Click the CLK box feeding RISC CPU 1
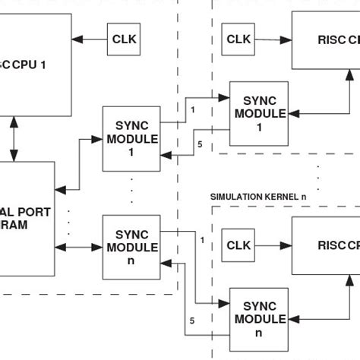(x=123, y=39)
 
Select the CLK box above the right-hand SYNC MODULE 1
(x=238, y=39)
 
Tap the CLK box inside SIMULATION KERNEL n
(x=238, y=246)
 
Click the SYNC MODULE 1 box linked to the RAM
(x=131, y=139)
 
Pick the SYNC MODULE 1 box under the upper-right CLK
(x=260, y=113)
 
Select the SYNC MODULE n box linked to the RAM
(x=131, y=247)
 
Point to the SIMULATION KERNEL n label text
(x=258, y=197)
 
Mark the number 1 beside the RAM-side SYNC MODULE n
(x=202, y=241)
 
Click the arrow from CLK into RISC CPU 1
(x=90, y=39)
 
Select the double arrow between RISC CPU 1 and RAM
(x=14, y=138)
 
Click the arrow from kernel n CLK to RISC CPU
(x=273, y=246)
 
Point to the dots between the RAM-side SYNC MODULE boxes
(x=131, y=191)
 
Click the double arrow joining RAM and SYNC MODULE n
(x=78, y=247)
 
